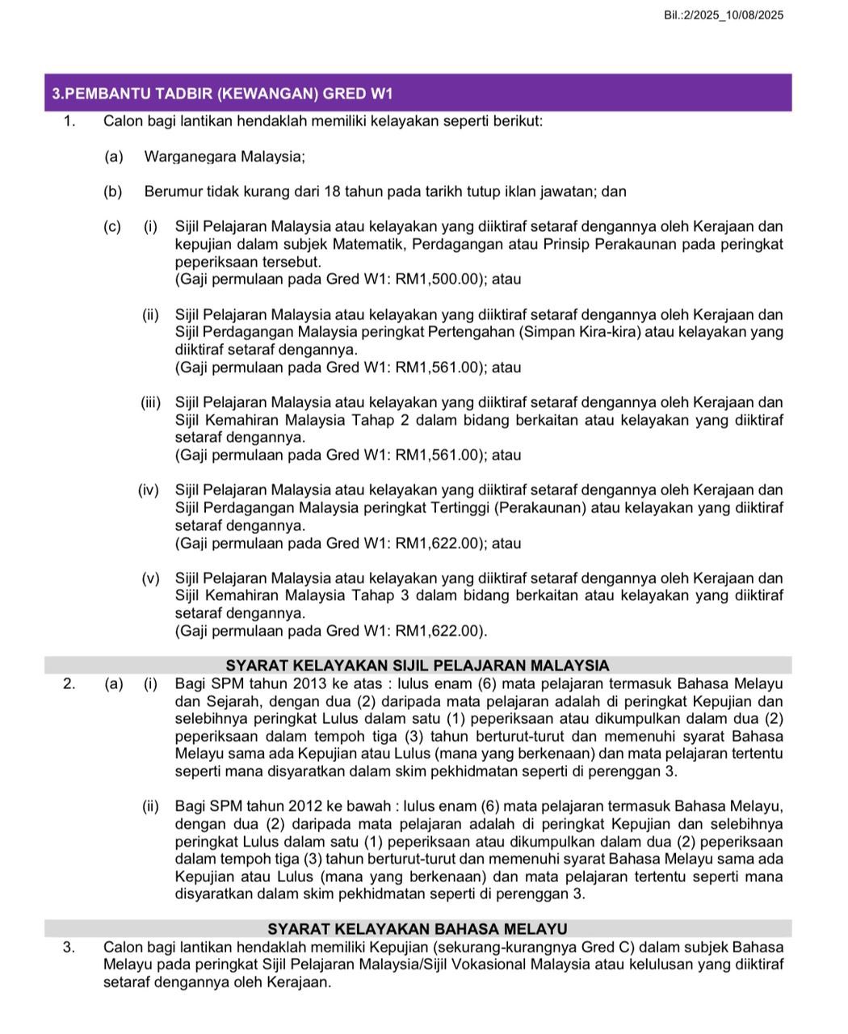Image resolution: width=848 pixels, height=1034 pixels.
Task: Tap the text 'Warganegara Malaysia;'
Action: click(225, 157)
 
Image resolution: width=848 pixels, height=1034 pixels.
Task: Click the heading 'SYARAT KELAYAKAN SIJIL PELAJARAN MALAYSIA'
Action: click(418, 666)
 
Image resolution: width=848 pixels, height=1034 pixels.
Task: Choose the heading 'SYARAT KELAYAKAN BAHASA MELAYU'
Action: click(418, 929)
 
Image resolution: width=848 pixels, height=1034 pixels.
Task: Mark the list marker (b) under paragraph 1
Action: click(113, 192)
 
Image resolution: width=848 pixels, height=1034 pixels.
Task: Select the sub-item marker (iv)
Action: click(149, 490)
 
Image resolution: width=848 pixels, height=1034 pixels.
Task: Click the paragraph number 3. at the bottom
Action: click(69, 947)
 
